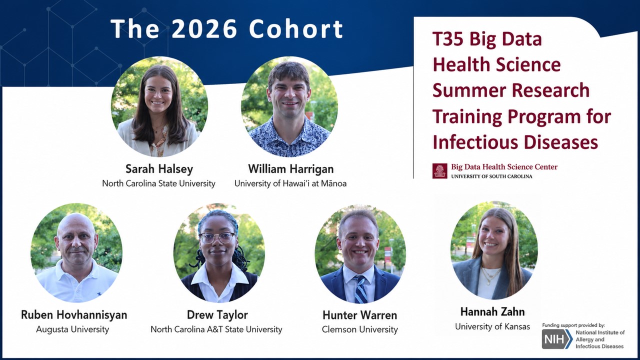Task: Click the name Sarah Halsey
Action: point(159,169)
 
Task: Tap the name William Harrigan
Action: point(291,169)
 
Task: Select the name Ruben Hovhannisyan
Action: point(74,314)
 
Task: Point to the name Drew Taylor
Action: point(217,314)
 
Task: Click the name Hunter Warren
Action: point(359,315)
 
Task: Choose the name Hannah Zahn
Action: point(492,311)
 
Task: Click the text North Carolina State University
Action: point(158,183)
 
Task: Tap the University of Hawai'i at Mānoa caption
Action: point(290,183)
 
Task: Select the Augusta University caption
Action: point(72,329)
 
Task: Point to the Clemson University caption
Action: point(359,329)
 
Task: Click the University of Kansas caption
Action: point(492,326)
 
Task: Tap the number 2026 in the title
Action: point(204,28)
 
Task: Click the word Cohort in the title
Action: point(296,28)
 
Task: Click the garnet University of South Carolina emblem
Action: point(439,171)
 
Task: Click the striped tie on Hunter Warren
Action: point(360,289)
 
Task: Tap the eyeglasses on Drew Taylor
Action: point(217,237)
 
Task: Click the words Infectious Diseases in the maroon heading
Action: point(515,142)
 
